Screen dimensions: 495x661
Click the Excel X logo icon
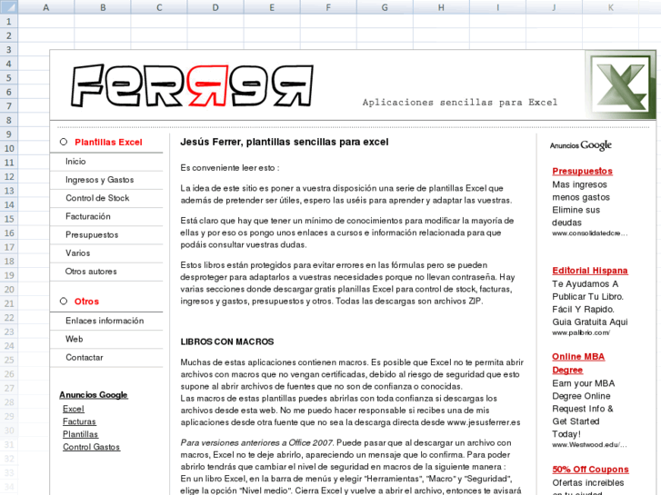(621, 85)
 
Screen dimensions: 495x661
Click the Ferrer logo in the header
(192, 87)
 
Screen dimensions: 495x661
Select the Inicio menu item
(75, 161)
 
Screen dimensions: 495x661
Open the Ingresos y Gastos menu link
(99, 180)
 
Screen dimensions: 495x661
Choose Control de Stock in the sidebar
(97, 198)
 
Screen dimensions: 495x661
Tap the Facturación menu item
(87, 216)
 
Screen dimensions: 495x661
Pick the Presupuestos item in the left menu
(92, 234)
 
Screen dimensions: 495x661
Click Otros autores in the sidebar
(91, 271)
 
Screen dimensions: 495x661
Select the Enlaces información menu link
(105, 321)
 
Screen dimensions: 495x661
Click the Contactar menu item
(85, 357)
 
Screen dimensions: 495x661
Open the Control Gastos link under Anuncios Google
(91, 447)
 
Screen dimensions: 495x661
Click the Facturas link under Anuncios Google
(79, 421)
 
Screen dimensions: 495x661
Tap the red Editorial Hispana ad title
(589, 270)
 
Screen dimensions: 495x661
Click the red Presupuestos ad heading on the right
(582, 171)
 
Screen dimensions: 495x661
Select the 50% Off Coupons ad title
(589, 470)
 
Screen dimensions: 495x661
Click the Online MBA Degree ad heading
(577, 363)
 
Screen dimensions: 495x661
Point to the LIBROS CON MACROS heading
(226, 342)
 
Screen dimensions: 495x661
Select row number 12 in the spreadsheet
(9, 177)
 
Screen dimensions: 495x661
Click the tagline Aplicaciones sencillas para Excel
(459, 103)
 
